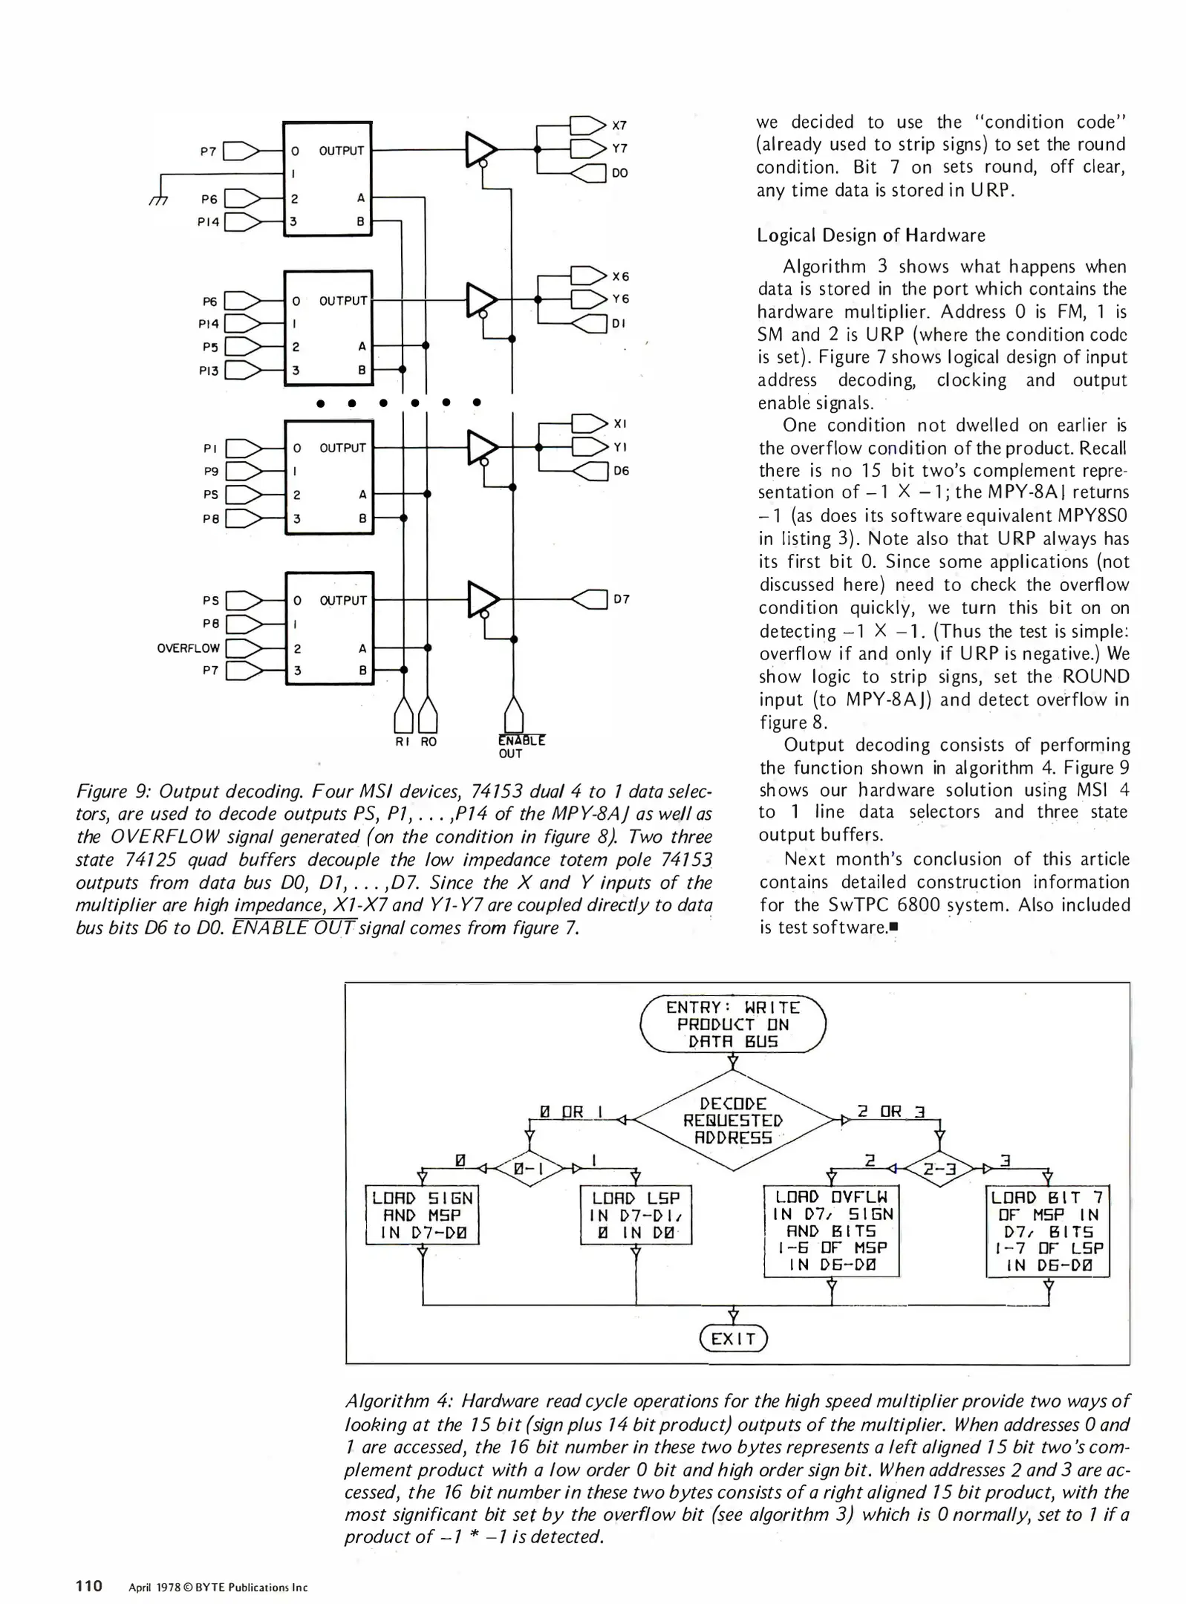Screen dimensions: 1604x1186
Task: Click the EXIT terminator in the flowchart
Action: click(x=732, y=1338)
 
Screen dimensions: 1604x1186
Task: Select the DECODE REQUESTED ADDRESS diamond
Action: click(x=732, y=1121)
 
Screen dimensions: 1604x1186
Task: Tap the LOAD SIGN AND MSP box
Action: click(x=422, y=1215)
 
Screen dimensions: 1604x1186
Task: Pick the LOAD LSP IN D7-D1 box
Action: click(x=636, y=1215)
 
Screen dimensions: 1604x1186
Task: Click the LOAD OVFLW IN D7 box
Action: click(x=831, y=1231)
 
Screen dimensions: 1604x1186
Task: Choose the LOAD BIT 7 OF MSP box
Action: click(x=1047, y=1231)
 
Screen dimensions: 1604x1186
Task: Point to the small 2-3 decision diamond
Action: click(x=939, y=1169)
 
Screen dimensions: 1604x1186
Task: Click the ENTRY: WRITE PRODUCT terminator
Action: click(x=732, y=1024)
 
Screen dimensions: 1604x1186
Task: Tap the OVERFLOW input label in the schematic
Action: click(x=188, y=648)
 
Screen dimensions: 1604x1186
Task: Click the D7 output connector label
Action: click(x=622, y=599)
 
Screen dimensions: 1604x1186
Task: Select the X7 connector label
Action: click(x=619, y=125)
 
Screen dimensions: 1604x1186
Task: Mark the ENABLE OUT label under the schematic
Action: click(x=521, y=746)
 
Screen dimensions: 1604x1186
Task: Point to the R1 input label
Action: click(x=403, y=741)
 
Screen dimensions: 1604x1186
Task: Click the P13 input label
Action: click(x=209, y=370)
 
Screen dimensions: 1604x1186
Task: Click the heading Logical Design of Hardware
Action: click(x=870, y=235)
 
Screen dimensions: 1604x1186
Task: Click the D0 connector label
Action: click(x=619, y=173)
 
